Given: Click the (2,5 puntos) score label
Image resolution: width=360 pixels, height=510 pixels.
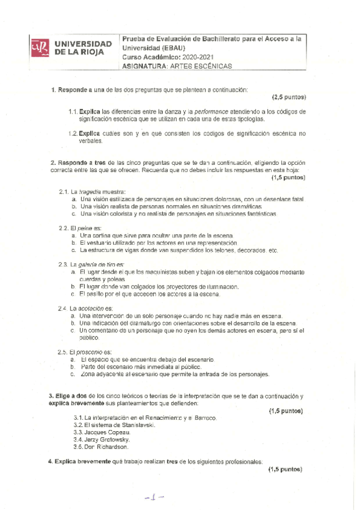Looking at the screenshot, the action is [x=289, y=97].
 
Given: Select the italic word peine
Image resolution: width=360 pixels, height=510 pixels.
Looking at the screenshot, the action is [x=84, y=228].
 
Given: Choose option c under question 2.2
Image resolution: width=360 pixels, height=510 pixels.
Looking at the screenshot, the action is [x=73, y=250].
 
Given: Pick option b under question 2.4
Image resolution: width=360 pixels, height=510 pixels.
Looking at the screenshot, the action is [x=73, y=323].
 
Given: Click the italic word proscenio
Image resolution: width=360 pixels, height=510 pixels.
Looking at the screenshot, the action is [x=91, y=352].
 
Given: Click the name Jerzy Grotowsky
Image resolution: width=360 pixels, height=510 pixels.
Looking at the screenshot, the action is [x=108, y=440].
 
